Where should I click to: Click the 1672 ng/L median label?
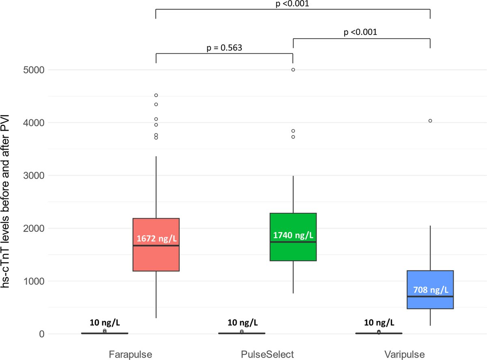click(156, 238)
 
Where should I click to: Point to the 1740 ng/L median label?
click(293, 235)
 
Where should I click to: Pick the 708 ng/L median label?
click(430, 290)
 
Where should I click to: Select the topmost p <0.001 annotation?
click(293, 4)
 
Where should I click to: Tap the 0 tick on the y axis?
click(42, 334)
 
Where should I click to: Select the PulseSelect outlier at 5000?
click(293, 70)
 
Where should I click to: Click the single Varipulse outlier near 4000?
click(430, 121)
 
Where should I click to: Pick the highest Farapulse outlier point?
click(156, 95)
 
